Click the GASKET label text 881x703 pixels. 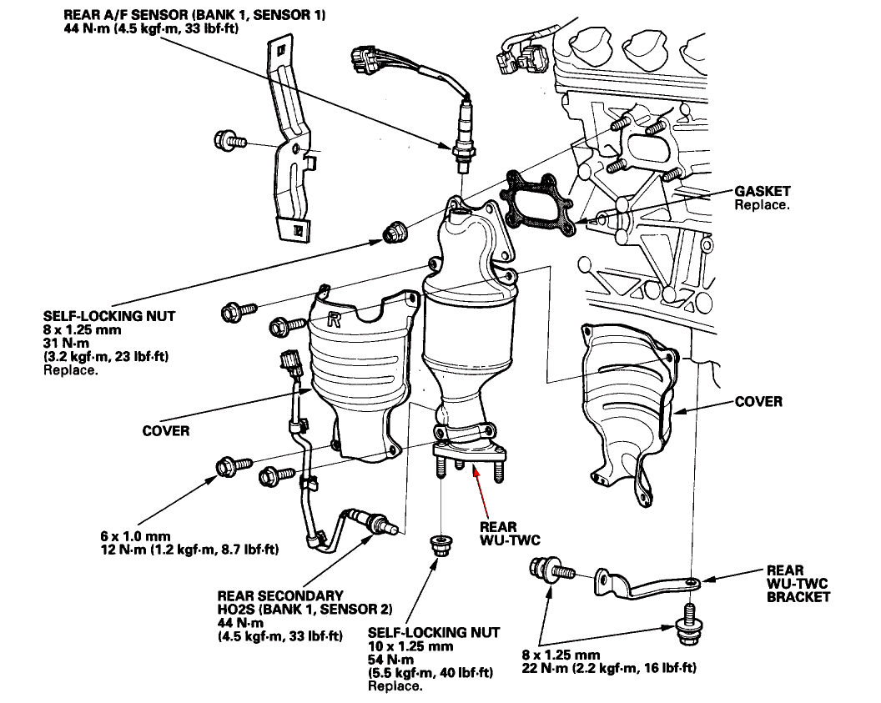[x=762, y=191]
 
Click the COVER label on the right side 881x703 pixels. [x=758, y=402]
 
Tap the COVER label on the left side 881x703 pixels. [x=166, y=430]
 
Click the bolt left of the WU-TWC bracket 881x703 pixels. [x=547, y=572]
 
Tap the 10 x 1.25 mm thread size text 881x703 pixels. [x=410, y=646]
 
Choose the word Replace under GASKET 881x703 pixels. [x=761, y=204]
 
